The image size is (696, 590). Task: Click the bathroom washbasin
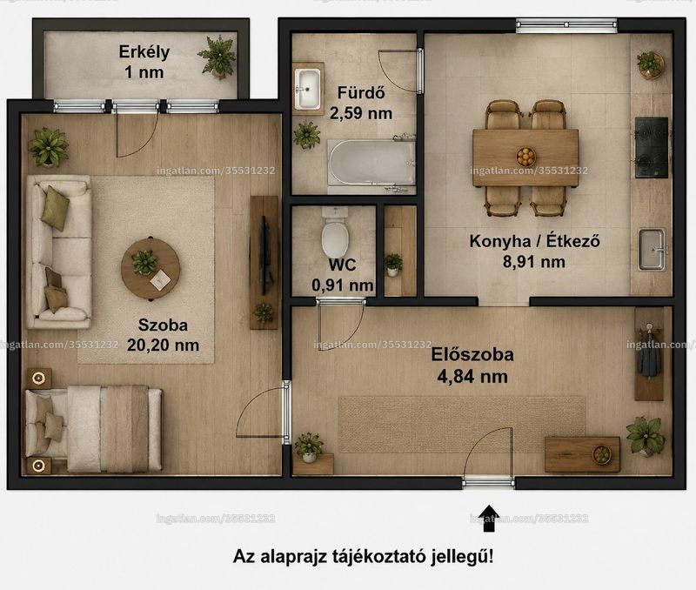[x=307, y=89]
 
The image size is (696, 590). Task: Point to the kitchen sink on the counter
[x=652, y=250]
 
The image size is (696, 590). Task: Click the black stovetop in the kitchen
[x=651, y=147]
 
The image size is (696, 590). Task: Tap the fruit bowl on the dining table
[x=526, y=157]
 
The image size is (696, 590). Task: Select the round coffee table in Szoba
[x=151, y=269]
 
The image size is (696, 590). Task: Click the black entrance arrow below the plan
[x=488, y=518]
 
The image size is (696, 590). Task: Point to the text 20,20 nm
[x=163, y=345]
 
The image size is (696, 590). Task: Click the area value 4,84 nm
[x=472, y=377]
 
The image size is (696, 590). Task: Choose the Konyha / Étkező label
[x=534, y=241]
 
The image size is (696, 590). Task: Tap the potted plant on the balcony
[x=217, y=57]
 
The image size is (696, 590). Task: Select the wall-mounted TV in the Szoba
[x=265, y=255]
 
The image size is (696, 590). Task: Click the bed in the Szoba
[x=93, y=428]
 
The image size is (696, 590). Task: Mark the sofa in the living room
[x=59, y=251]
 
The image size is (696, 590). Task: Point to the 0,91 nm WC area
[x=342, y=285]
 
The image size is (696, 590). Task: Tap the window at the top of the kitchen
[x=566, y=25]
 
